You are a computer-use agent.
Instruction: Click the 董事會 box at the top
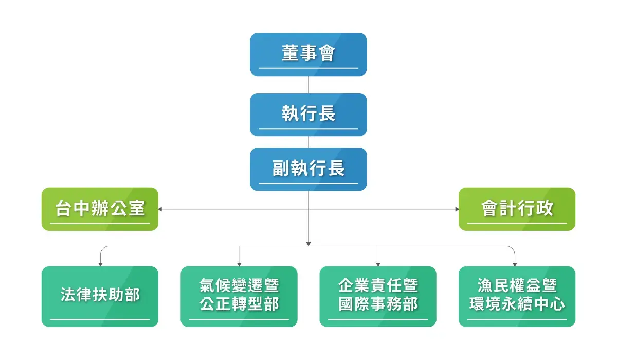click(308, 55)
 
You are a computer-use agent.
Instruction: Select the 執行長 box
click(308, 114)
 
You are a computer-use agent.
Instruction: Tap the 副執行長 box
click(308, 169)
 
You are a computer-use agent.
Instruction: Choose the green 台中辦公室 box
click(100, 209)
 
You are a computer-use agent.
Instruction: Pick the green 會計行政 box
click(517, 209)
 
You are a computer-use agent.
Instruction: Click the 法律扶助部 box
click(100, 296)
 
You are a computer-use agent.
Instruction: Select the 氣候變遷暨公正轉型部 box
click(239, 296)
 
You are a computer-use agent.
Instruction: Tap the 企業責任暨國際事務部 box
click(378, 296)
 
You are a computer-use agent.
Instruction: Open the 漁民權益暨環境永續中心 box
click(517, 296)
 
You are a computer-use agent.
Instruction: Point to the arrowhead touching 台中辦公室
click(160, 209)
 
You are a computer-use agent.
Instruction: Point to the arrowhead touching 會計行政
click(456, 209)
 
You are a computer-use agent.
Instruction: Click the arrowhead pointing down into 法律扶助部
click(100, 264)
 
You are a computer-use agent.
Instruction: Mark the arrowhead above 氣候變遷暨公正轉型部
click(239, 264)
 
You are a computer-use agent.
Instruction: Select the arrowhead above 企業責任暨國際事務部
click(378, 264)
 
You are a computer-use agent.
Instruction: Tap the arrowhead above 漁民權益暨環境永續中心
click(515, 264)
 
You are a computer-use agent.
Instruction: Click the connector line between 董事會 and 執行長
click(308, 85)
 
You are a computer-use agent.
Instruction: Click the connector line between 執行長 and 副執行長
click(308, 142)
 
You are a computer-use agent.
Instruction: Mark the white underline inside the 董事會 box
click(308, 68)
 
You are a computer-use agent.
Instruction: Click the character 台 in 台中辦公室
click(63, 208)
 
